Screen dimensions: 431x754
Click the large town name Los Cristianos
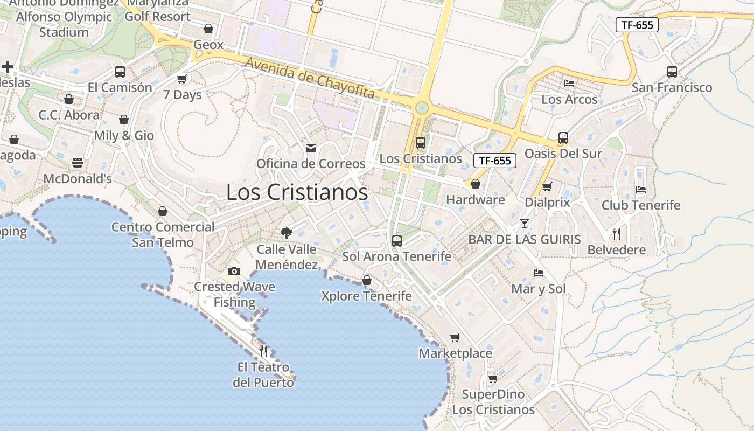tap(297, 192)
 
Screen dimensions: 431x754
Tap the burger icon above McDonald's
tap(78, 163)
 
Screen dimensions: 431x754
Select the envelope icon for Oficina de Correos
tap(311, 148)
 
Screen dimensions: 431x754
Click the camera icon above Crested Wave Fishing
tap(234, 271)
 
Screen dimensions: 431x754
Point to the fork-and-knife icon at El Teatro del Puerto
tap(263, 351)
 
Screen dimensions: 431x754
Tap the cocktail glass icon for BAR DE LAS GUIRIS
tap(525, 224)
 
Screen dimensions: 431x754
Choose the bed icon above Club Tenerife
tap(641, 190)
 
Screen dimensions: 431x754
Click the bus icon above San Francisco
tap(672, 71)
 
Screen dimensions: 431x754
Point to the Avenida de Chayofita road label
tap(310, 79)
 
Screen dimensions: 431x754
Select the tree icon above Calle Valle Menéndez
tap(287, 233)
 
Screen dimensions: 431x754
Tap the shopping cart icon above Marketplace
tap(455, 338)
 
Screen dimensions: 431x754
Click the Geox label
tap(208, 45)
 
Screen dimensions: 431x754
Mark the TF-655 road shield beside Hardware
tap(495, 161)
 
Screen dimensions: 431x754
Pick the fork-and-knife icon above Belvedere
tap(617, 234)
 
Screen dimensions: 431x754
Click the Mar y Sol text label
tap(539, 289)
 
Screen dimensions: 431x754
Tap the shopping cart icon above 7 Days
tap(182, 79)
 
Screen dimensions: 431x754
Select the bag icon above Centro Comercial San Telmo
tap(163, 211)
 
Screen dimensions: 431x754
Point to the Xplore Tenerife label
tap(366, 296)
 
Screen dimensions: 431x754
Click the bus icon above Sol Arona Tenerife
tap(397, 241)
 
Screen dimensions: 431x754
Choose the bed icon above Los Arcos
tap(569, 84)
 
